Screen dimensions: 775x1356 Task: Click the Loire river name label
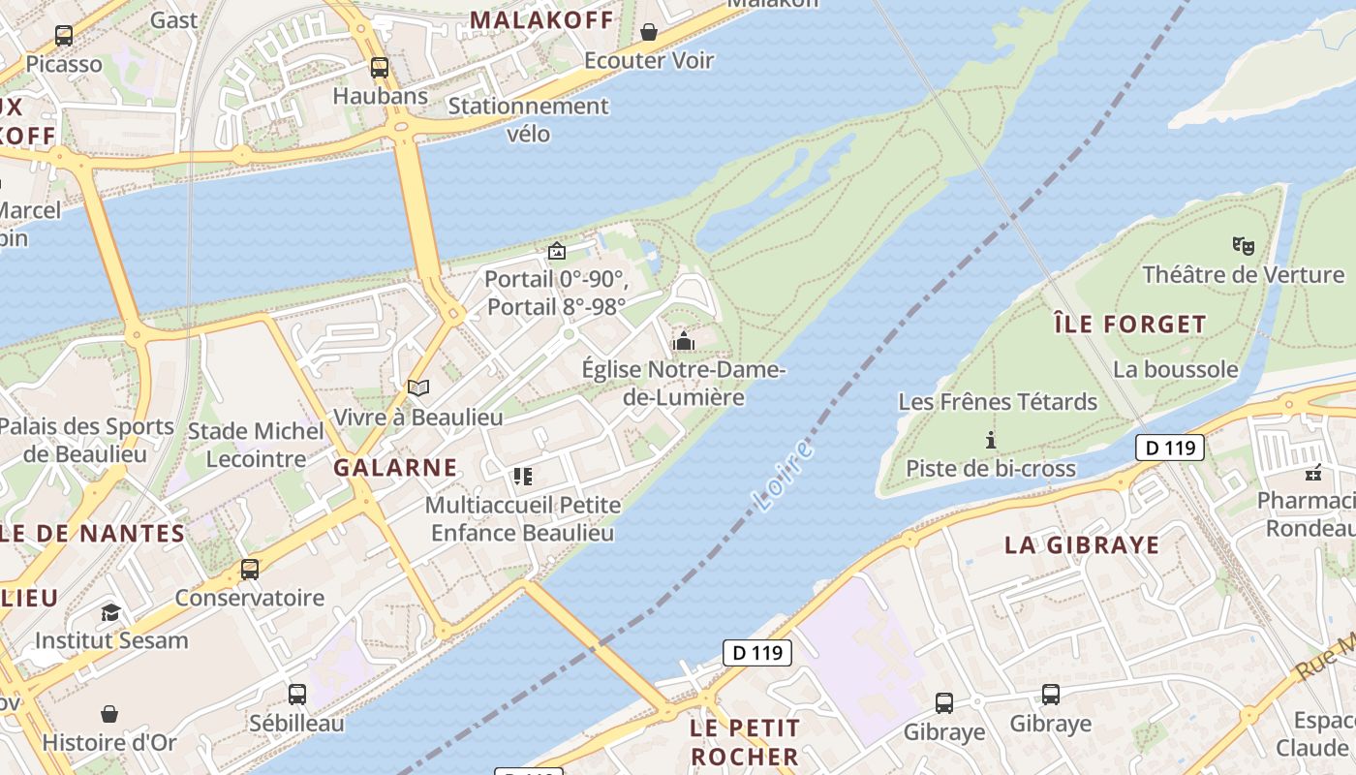coord(784,475)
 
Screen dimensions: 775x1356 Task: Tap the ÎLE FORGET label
coord(1130,324)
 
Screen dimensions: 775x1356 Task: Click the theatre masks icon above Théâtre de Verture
coord(1244,246)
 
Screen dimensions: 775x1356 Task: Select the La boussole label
coord(1175,369)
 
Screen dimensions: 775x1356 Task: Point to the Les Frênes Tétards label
coord(998,401)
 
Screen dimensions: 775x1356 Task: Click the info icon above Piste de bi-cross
coord(990,440)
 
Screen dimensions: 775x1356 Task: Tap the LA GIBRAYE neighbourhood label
coord(1082,544)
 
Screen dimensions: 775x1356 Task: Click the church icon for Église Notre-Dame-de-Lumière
coord(684,341)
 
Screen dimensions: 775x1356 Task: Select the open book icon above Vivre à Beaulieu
coord(418,388)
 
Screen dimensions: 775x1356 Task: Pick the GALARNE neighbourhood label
coord(395,467)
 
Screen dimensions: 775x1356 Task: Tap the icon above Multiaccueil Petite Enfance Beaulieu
coord(523,476)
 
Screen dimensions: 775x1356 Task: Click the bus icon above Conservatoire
coord(250,569)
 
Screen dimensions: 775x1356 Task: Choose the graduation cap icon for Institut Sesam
coord(110,612)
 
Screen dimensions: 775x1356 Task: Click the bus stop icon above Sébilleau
coord(297,695)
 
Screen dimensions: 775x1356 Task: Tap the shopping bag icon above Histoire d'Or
coord(109,714)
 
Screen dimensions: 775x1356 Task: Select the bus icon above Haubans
coord(380,68)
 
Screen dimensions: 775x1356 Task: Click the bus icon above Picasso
coord(64,36)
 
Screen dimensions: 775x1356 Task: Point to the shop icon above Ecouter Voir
coord(649,33)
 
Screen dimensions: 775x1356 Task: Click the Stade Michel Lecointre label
coord(256,445)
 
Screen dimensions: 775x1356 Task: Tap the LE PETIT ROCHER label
coord(745,741)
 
